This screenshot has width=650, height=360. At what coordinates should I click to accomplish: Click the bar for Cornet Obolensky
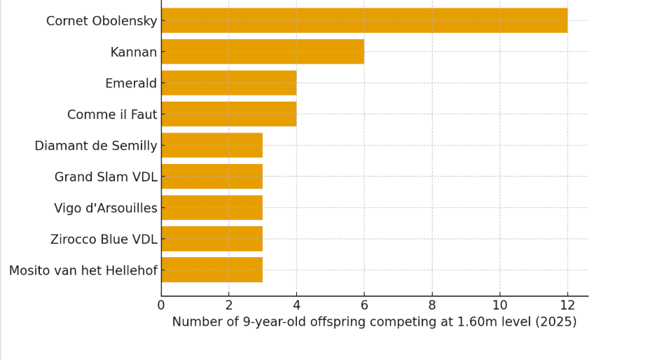364,20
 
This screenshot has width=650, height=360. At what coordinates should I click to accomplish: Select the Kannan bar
263,52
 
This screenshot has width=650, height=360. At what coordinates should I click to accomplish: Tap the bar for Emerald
229,83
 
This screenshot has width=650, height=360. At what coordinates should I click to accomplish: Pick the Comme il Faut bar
229,114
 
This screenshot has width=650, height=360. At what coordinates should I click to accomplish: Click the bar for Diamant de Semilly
212,145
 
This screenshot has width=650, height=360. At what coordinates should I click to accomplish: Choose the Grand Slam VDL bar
212,176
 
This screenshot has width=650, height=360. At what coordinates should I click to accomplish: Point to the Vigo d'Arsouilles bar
212,207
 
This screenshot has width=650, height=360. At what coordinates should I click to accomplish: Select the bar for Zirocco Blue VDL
212,239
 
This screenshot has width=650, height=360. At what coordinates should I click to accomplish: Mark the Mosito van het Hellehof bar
212,270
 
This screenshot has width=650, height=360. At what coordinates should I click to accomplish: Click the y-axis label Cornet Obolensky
102,21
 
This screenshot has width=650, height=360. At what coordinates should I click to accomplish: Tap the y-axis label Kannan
134,53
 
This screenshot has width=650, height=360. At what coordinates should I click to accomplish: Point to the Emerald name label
131,83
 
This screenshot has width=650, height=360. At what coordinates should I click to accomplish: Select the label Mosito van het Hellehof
83,270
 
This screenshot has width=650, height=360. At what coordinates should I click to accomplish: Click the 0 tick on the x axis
161,305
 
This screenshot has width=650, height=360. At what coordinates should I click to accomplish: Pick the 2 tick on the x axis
229,305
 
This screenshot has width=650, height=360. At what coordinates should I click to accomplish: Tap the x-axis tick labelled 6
364,305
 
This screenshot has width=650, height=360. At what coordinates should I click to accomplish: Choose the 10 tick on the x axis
499,305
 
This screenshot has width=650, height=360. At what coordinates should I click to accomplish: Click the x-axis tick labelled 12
567,305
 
